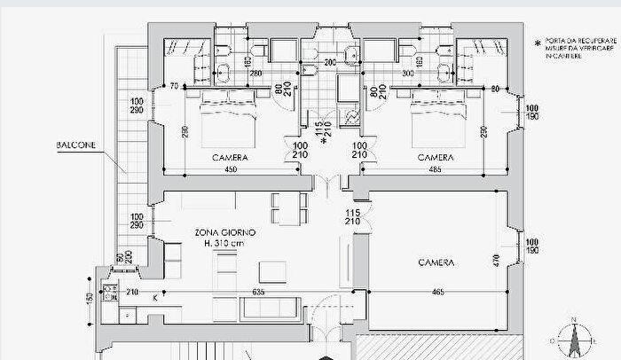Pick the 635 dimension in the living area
258,292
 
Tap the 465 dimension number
438,292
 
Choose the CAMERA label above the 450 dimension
229,157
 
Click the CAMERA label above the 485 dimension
435,157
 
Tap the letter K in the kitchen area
154,297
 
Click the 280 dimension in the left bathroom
255,73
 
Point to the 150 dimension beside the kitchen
90,298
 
